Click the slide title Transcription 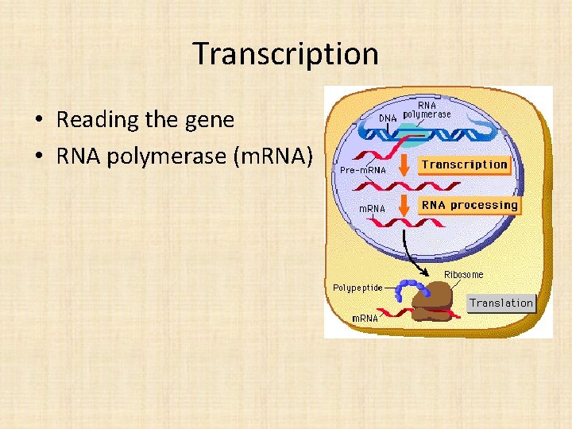pyautogui.click(x=285, y=54)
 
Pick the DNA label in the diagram pyautogui.click(x=387, y=118)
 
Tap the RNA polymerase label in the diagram pyautogui.click(x=427, y=110)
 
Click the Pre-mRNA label pyautogui.click(x=362, y=170)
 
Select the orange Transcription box pyautogui.click(x=464, y=164)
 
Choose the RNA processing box pyautogui.click(x=469, y=205)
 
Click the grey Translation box pyautogui.click(x=500, y=303)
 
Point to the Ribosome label pyautogui.click(x=463, y=275)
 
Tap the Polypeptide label pyautogui.click(x=357, y=287)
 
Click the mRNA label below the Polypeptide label pyautogui.click(x=365, y=319)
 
